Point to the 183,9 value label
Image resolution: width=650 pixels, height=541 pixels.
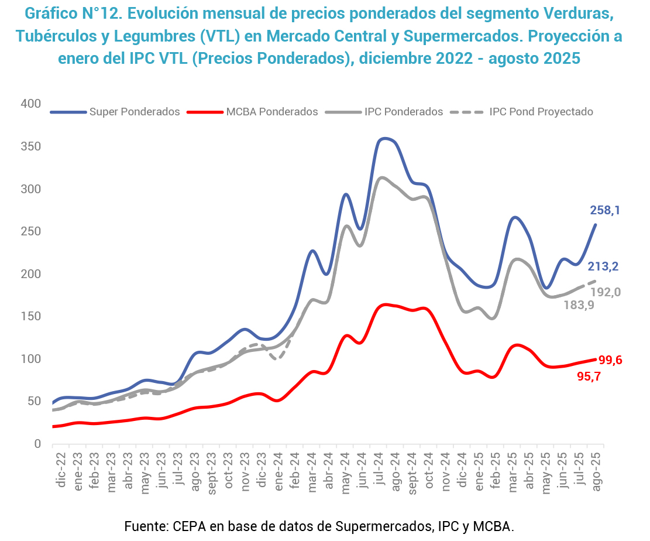(x=579, y=305)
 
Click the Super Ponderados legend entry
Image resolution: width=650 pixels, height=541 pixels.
(x=134, y=112)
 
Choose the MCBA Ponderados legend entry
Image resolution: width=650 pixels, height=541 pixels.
(x=272, y=112)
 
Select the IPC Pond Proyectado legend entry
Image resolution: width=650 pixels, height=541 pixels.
(x=541, y=112)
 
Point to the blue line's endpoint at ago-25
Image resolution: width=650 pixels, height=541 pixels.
(x=596, y=225)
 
